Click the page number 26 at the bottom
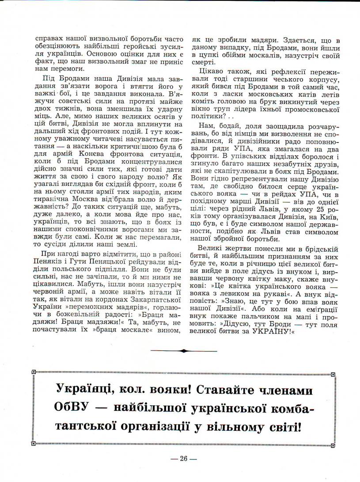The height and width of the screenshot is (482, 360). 184,459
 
